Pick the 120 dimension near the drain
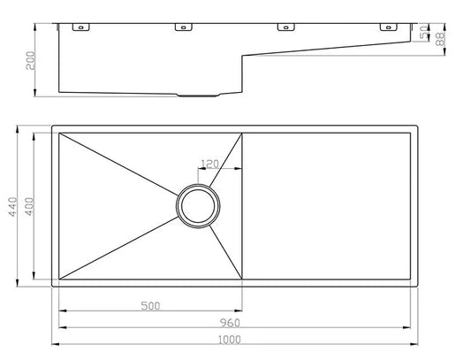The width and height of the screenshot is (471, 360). pos(210,165)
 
